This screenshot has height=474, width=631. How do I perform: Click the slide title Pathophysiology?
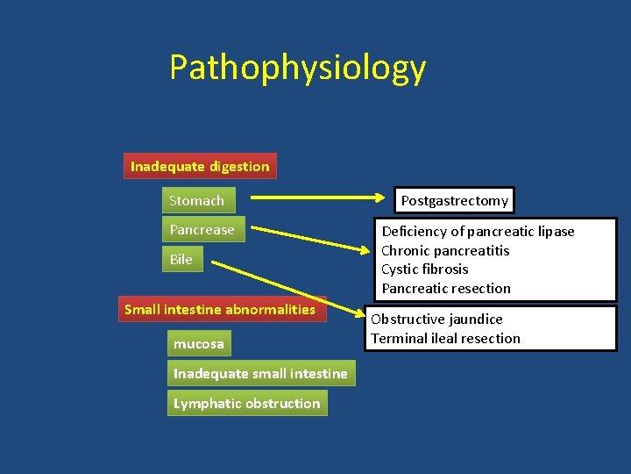(x=297, y=68)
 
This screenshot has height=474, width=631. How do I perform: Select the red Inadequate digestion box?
(x=200, y=166)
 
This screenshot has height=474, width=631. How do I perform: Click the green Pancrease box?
(x=202, y=230)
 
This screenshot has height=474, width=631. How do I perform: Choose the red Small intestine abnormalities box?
(x=221, y=309)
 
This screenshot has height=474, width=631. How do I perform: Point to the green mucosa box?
(x=199, y=344)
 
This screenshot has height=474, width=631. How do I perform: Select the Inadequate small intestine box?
(x=260, y=374)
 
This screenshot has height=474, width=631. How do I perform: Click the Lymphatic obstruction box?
(x=247, y=404)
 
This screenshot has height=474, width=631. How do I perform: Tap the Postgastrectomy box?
(x=454, y=201)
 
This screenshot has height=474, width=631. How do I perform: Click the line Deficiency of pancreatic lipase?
(x=478, y=232)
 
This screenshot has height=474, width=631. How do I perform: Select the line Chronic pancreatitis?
(x=445, y=251)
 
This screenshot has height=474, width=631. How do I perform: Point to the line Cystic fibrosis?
(x=425, y=269)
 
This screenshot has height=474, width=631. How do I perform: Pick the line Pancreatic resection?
(x=446, y=289)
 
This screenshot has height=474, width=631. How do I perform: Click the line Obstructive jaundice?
(x=436, y=320)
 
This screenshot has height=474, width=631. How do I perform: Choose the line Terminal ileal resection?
(x=445, y=339)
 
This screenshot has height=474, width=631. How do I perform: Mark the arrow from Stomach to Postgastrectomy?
(x=315, y=200)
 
